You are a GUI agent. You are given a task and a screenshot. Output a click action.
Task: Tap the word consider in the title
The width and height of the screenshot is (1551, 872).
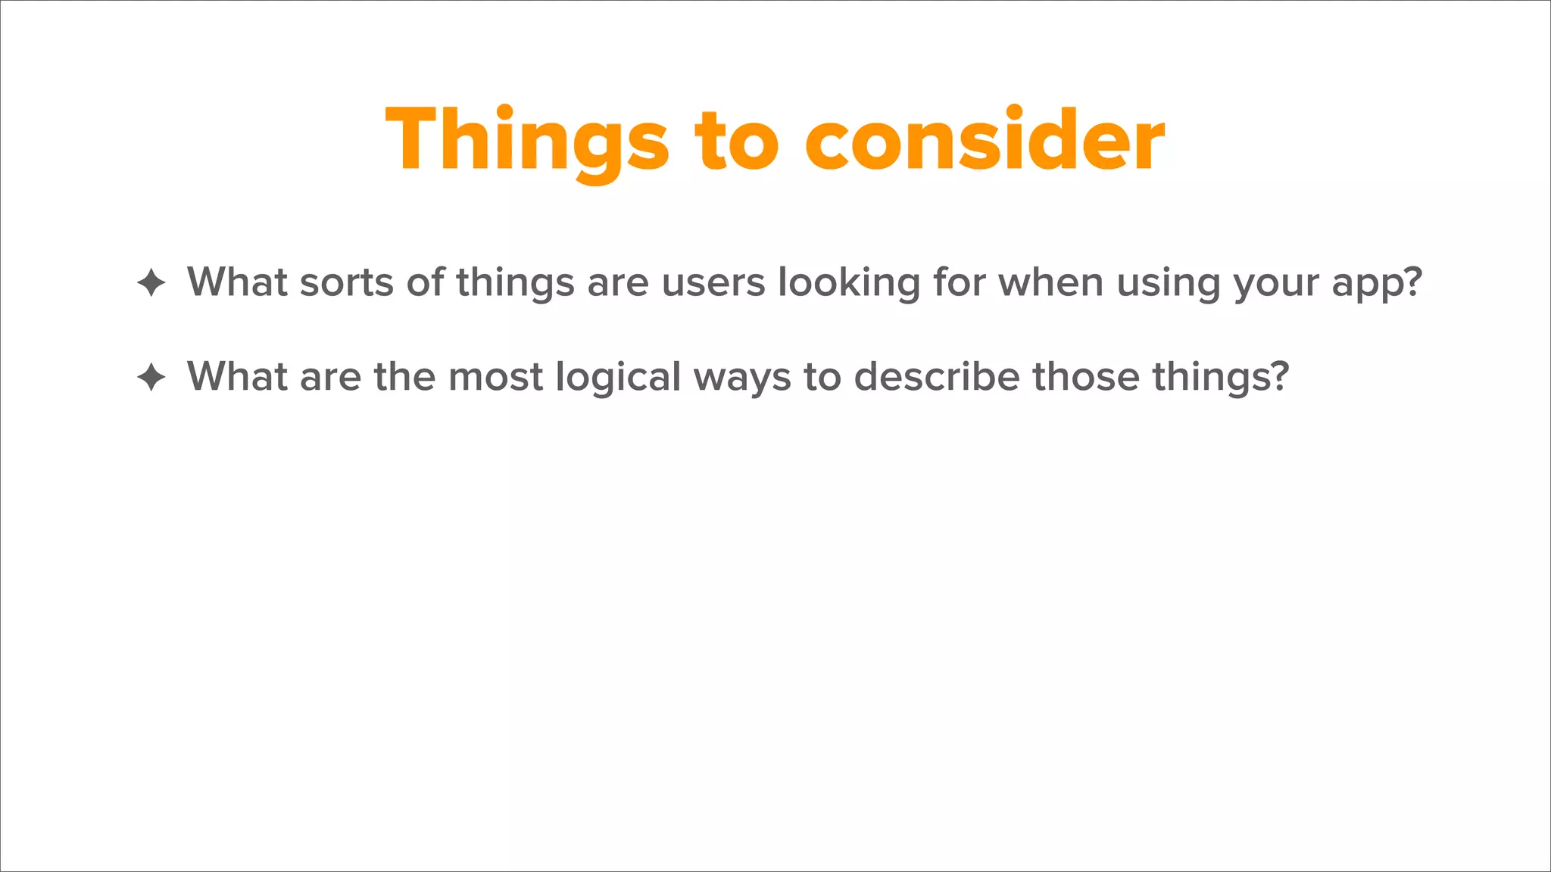pyautogui.click(x=985, y=141)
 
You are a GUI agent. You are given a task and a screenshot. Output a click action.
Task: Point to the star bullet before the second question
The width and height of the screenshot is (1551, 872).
pyautogui.click(x=151, y=377)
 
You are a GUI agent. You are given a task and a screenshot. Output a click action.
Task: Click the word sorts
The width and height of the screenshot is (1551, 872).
pyautogui.click(x=347, y=282)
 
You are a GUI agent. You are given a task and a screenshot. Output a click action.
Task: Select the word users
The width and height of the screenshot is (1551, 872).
pyautogui.click(x=713, y=282)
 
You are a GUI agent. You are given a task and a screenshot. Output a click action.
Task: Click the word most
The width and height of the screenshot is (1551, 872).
pyautogui.click(x=496, y=377)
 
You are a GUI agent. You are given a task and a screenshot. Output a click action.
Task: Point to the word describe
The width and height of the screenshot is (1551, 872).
pyautogui.click(x=937, y=377)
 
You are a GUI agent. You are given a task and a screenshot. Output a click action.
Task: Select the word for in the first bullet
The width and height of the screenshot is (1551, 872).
pyautogui.click(x=960, y=282)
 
